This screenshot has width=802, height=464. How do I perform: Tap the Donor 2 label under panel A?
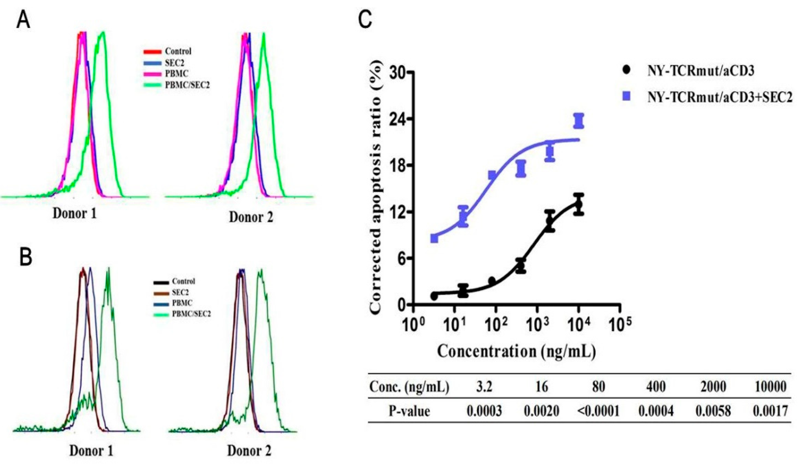pyautogui.click(x=251, y=217)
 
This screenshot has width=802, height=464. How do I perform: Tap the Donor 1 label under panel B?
pyautogui.click(x=91, y=451)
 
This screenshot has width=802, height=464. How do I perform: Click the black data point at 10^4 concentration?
pyautogui.click(x=578, y=205)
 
